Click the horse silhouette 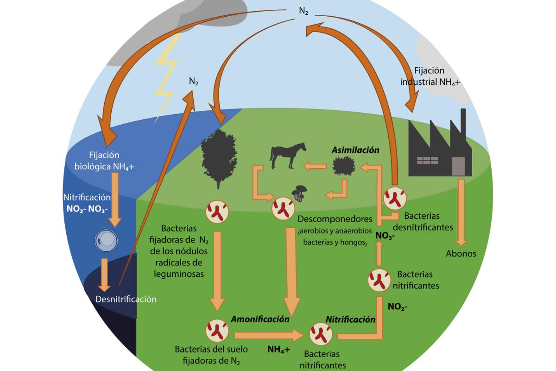(x=287, y=156)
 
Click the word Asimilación (x=355, y=150)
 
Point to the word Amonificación (x=260, y=319)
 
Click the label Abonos (x=461, y=254)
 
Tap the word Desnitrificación (x=126, y=299)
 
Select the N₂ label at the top (x=303, y=11)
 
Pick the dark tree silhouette (x=218, y=158)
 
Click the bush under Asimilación (x=343, y=166)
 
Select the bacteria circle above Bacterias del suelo (x=217, y=330)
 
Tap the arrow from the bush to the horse (x=315, y=166)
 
